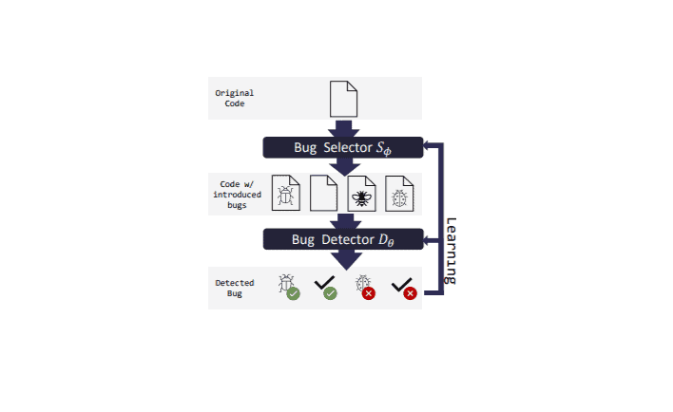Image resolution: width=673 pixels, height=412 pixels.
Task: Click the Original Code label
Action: pyautogui.click(x=235, y=98)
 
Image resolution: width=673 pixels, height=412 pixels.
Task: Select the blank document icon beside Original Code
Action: pyautogui.click(x=343, y=99)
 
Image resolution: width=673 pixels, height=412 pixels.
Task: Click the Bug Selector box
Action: pyautogui.click(x=343, y=147)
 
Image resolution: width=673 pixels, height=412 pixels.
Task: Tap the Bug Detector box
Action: pyautogui.click(x=343, y=239)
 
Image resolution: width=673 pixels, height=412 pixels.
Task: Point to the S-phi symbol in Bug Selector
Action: pyautogui.click(x=384, y=148)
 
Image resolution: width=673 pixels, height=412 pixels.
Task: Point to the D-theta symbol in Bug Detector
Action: pyautogui.click(x=386, y=240)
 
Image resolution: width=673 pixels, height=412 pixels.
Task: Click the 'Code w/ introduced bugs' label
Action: pyautogui.click(x=237, y=195)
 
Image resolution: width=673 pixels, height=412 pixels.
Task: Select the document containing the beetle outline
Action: pyautogui.click(x=286, y=193)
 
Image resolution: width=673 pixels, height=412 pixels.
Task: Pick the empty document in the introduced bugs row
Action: pyautogui.click(x=323, y=193)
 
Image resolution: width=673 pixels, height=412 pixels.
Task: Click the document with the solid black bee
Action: pyautogui.click(x=361, y=194)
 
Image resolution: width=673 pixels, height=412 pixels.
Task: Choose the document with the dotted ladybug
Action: pyautogui.click(x=399, y=194)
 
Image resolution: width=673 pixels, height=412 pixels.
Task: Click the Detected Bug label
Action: pyautogui.click(x=235, y=288)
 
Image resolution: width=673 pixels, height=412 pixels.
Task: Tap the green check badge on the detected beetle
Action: pyautogui.click(x=293, y=293)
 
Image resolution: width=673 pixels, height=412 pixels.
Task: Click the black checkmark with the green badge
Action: pyautogui.click(x=324, y=283)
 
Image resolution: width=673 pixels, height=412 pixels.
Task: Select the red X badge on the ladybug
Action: pyautogui.click(x=368, y=293)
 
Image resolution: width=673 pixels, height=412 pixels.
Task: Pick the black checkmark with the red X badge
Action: pyautogui.click(x=401, y=285)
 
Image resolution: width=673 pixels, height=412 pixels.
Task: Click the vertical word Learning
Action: pyautogui.click(x=451, y=251)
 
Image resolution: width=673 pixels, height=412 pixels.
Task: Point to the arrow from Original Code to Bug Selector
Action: pyautogui.click(x=343, y=128)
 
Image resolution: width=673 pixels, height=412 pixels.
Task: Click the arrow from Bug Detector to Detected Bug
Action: pyautogui.click(x=346, y=260)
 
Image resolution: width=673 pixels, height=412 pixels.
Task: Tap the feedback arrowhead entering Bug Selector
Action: pyautogui.click(x=427, y=146)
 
